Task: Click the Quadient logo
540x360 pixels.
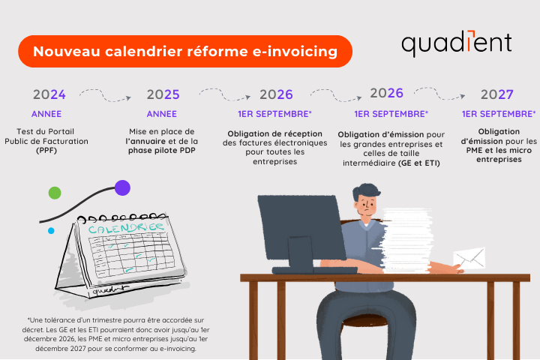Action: pos(457,43)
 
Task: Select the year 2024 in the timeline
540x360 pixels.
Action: pos(49,94)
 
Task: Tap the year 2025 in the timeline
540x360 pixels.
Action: pos(163,94)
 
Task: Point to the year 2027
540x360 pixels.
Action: pos(497,94)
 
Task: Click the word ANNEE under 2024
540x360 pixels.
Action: pos(46,114)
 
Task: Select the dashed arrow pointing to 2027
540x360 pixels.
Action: pos(439,94)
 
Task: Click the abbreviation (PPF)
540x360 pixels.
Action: pos(46,151)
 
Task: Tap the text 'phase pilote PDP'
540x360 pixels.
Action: pos(162,151)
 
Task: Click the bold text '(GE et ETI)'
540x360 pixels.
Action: pos(419,163)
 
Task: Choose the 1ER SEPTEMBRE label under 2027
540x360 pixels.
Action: pos(499,114)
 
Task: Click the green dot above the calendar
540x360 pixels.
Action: pos(55,193)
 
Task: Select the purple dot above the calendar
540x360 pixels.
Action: pos(122,187)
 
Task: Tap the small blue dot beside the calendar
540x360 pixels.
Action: pos(51,231)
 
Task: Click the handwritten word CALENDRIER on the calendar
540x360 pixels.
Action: pos(126,228)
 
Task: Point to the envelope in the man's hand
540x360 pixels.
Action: pos(469,258)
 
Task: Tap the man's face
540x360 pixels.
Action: pos(367,205)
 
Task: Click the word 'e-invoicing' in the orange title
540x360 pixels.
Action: pos(295,52)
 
